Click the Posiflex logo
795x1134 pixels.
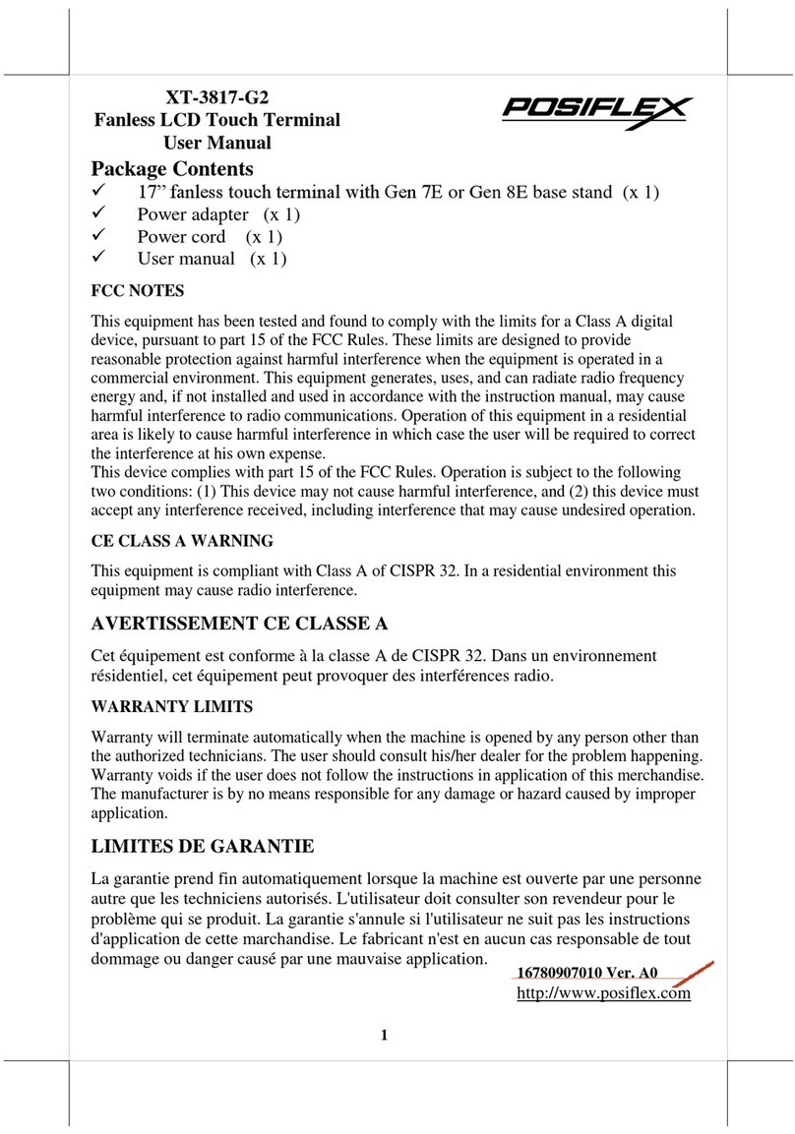pyautogui.click(x=596, y=109)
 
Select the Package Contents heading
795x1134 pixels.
pyautogui.click(x=172, y=168)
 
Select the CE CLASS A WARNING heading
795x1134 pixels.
pyautogui.click(x=182, y=541)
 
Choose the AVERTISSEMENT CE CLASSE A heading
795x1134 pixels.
pyautogui.click(x=239, y=624)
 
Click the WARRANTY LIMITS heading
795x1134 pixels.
pyautogui.click(x=171, y=706)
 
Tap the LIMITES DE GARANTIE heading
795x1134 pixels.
pyautogui.click(x=203, y=845)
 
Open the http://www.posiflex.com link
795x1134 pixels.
pyautogui.click(x=603, y=993)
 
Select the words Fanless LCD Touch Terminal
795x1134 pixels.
pyautogui.click(x=216, y=120)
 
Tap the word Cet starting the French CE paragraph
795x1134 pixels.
pyautogui.click(x=104, y=655)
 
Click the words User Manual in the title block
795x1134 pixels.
pyautogui.click(x=216, y=143)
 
